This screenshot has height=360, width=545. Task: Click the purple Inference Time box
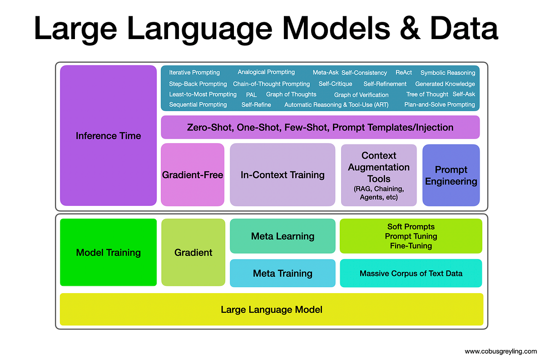pyautogui.click(x=108, y=135)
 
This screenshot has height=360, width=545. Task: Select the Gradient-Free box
pyautogui.click(x=193, y=175)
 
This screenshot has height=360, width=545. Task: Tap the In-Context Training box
pyautogui.click(x=282, y=175)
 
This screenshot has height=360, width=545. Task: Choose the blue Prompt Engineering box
pyautogui.click(x=451, y=175)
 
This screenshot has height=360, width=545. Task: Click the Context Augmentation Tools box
pyautogui.click(x=378, y=175)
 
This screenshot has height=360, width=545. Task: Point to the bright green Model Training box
pyautogui.click(x=108, y=252)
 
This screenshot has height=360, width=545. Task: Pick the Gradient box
pyautogui.click(x=193, y=252)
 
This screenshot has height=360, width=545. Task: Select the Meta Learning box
pyautogui.click(x=282, y=236)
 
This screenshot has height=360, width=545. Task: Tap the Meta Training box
pyautogui.click(x=282, y=273)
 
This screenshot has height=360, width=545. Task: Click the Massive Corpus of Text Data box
pyautogui.click(x=411, y=273)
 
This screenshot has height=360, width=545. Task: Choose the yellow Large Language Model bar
pyautogui.click(x=271, y=310)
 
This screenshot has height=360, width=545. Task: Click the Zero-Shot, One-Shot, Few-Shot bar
pyautogui.click(x=320, y=127)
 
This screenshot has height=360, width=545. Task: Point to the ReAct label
pyautogui.click(x=404, y=73)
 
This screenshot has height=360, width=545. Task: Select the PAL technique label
pyautogui.click(x=251, y=95)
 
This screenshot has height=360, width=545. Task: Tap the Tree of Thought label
pyautogui.click(x=427, y=95)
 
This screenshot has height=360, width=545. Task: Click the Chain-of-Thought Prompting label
pyautogui.click(x=271, y=84)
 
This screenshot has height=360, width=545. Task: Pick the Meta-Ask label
pyautogui.click(x=325, y=73)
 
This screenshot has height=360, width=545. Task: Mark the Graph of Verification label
pyautogui.click(x=361, y=95)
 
